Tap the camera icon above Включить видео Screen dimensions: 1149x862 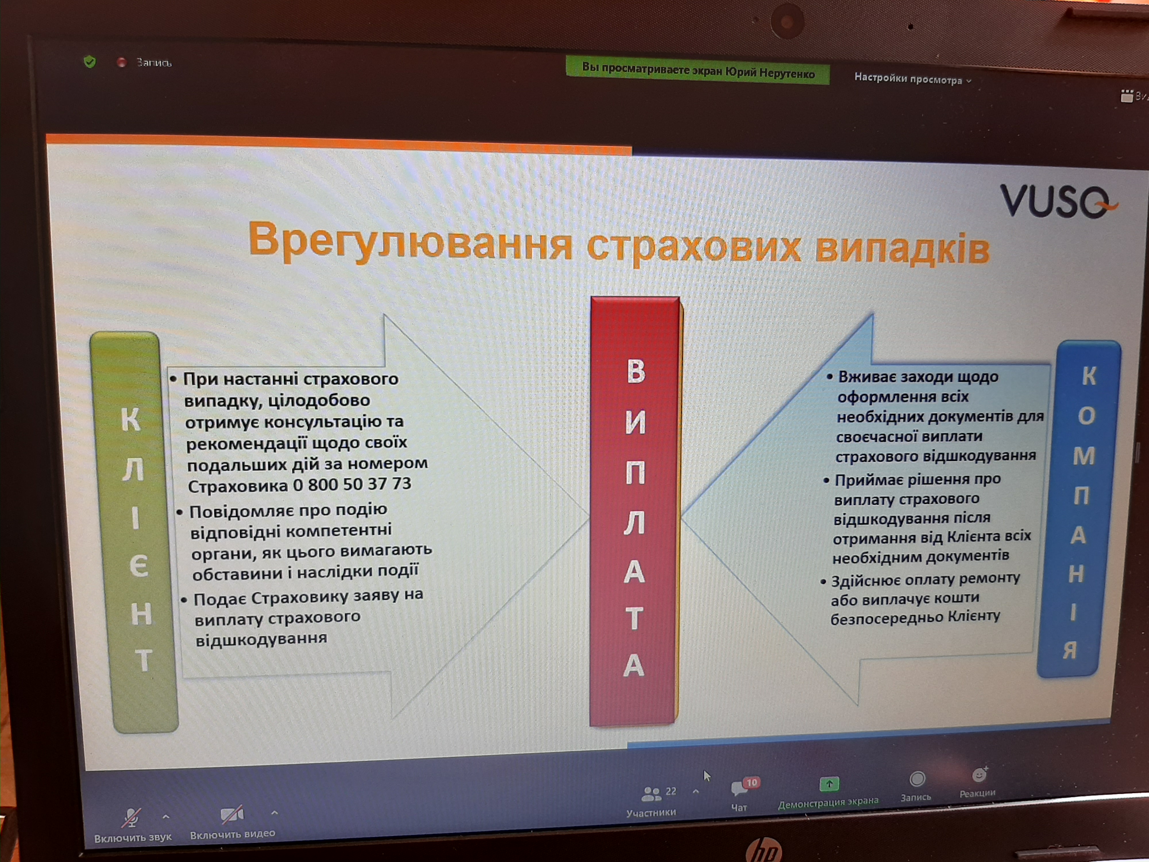[x=232, y=814]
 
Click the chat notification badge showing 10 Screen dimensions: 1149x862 [x=751, y=782]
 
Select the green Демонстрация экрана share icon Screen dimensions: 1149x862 [x=829, y=784]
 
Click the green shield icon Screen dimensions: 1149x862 [x=90, y=62]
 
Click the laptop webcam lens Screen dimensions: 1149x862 [x=787, y=22]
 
